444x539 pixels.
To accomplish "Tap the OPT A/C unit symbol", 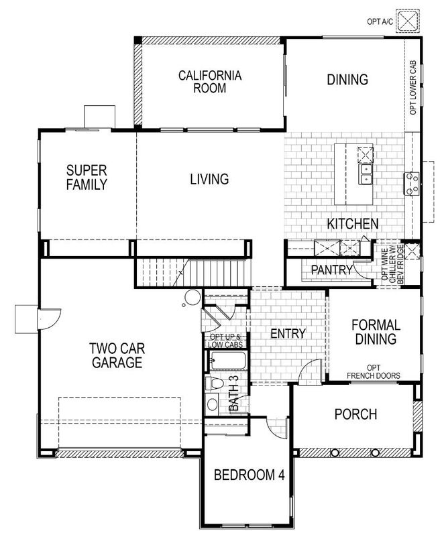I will [x=406, y=20].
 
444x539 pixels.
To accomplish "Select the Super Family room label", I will [x=87, y=177].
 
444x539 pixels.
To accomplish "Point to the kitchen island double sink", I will [x=366, y=175].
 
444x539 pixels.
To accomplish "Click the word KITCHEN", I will [x=353, y=223].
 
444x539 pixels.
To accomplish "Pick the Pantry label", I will [x=331, y=269].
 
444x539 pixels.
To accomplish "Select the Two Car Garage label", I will [x=117, y=355].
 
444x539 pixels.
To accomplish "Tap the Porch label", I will [x=355, y=414].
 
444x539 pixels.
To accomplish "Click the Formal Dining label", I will [x=376, y=332].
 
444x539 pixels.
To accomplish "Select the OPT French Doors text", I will [x=374, y=371].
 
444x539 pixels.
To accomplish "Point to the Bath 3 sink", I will [x=212, y=405].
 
